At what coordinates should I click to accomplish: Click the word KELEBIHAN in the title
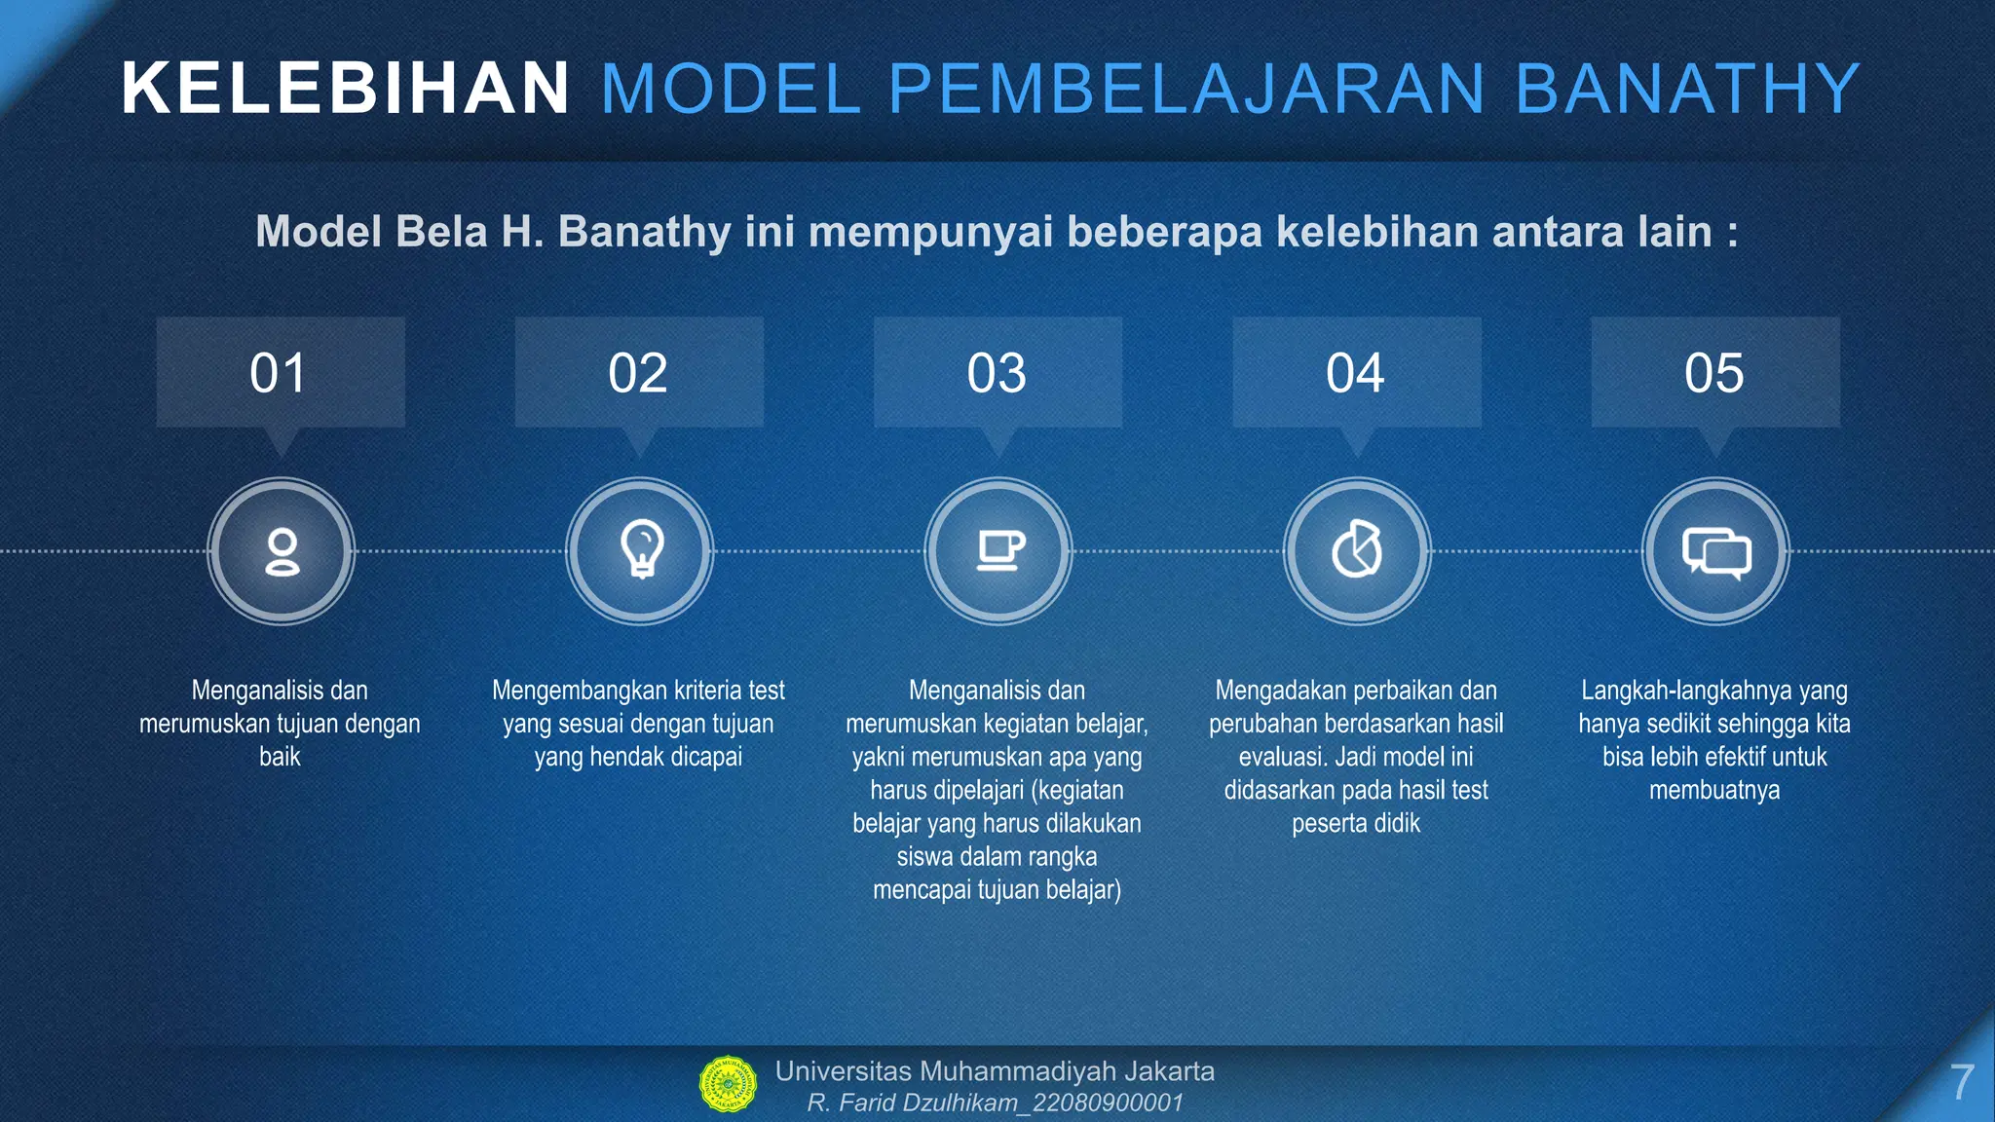pyautogui.click(x=345, y=89)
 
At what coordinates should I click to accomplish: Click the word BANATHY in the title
pyautogui.click(x=1687, y=89)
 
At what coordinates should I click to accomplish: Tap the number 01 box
pyautogui.click(x=280, y=373)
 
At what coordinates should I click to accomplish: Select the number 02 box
pyautogui.click(x=638, y=373)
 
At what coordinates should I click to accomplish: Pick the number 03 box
pyautogui.click(x=997, y=373)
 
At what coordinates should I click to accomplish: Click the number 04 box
pyautogui.click(x=1356, y=373)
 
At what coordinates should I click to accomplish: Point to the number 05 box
pyautogui.click(x=1714, y=373)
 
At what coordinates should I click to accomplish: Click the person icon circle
pyautogui.click(x=282, y=551)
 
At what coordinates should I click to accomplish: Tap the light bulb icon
pyautogui.click(x=641, y=550)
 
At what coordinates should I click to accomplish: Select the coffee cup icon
pyautogui.click(x=998, y=551)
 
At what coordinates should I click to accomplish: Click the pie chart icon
pyautogui.click(x=1357, y=551)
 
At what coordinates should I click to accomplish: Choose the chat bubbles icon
pyautogui.click(x=1716, y=552)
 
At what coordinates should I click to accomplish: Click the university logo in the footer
pyautogui.click(x=728, y=1084)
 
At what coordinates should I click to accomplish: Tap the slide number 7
pyautogui.click(x=1961, y=1083)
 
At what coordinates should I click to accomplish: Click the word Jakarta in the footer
pyautogui.click(x=1169, y=1071)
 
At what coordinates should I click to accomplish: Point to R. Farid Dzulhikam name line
pyautogui.click(x=994, y=1103)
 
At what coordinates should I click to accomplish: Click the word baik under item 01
pyautogui.click(x=280, y=757)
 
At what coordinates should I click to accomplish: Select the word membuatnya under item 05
pyautogui.click(x=1714, y=790)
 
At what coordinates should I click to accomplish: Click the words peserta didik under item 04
pyautogui.click(x=1356, y=824)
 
